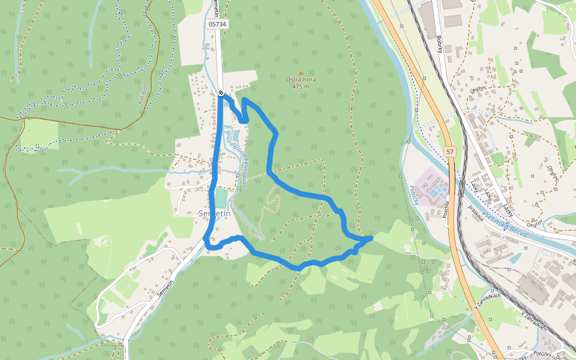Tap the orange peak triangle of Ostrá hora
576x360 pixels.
[301, 73]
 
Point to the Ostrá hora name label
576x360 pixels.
[301, 79]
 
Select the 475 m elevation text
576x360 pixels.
[301, 86]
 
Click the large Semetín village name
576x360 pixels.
[214, 214]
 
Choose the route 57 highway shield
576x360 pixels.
[450, 151]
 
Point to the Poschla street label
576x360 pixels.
[446, 211]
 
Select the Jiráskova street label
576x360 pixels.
[475, 213]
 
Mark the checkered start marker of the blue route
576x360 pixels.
[221, 92]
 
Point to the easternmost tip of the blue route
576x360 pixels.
[371, 238]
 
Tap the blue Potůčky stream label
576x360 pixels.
[413, 194]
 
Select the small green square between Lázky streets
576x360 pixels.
[497, 158]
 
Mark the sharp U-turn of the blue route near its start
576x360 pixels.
[244, 121]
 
